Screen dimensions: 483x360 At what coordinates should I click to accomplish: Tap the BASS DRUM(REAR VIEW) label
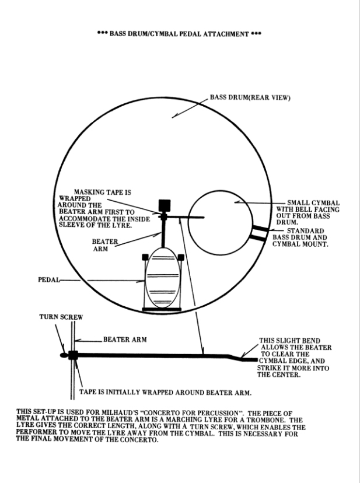coord(250,99)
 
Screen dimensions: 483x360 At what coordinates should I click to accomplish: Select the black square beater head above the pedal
coord(164,205)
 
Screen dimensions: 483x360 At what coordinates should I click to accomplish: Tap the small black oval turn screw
coord(63,355)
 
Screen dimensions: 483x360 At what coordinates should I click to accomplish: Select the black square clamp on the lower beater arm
coord(73,355)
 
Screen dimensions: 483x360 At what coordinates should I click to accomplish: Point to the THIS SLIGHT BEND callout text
coord(295,356)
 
